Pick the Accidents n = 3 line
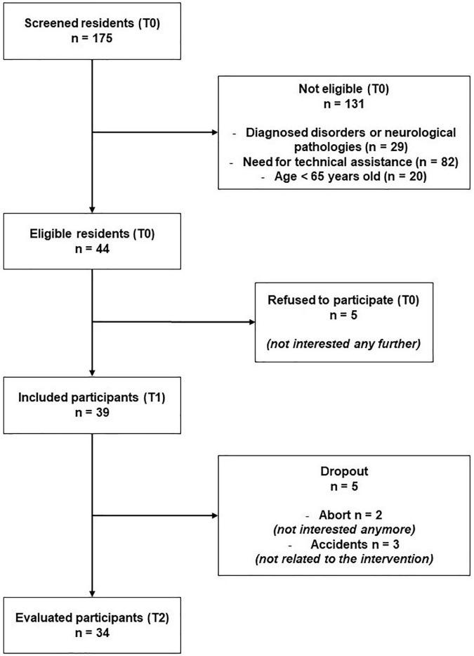click(x=344, y=546)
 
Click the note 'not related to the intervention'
click(x=344, y=560)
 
